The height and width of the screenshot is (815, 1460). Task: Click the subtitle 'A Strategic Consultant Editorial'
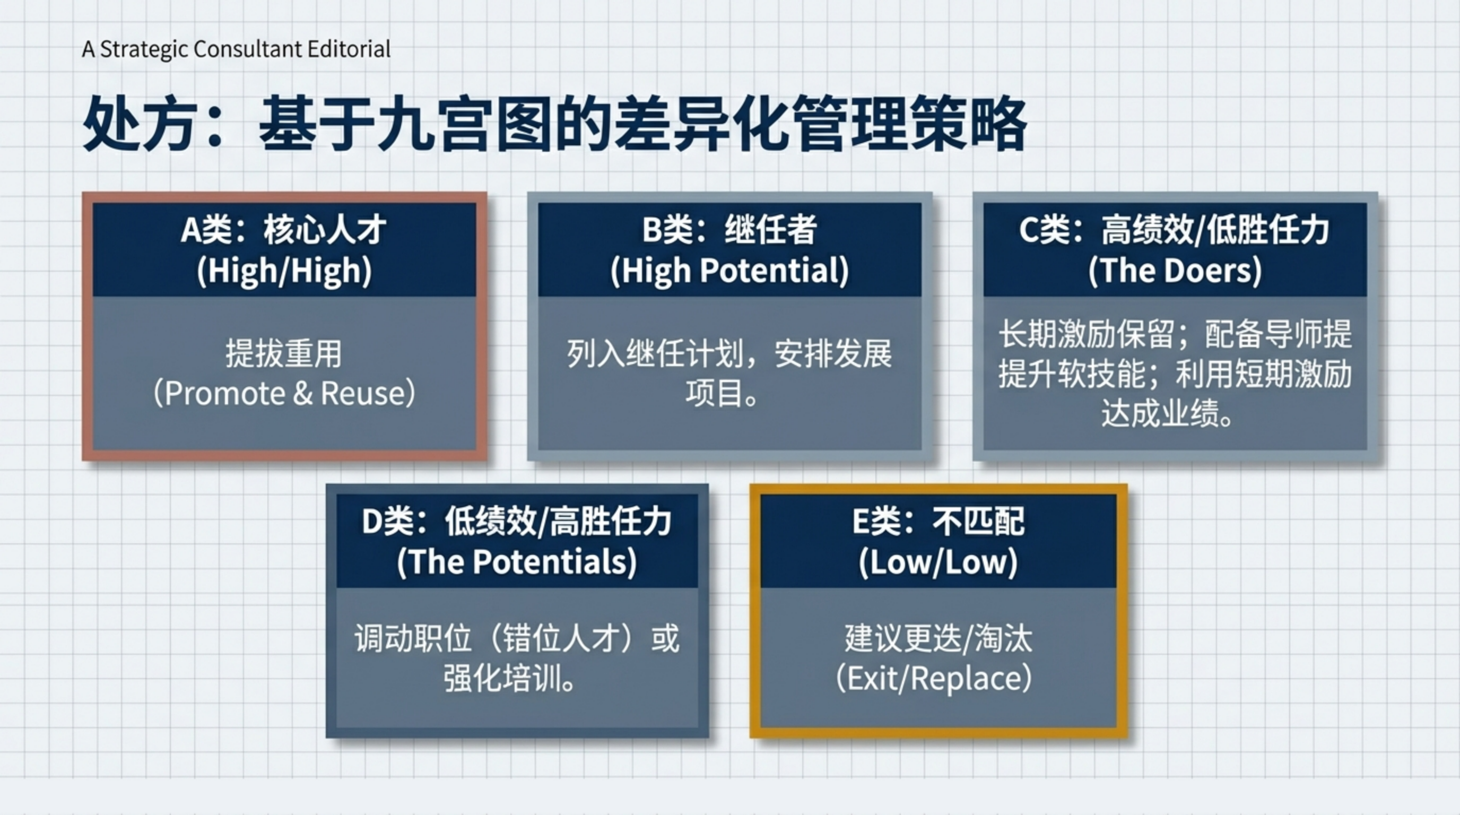(x=236, y=49)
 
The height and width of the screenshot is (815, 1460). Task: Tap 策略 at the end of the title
(x=970, y=123)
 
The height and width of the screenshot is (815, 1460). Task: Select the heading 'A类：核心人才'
(x=284, y=230)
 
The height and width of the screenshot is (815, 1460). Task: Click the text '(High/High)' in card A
(x=284, y=271)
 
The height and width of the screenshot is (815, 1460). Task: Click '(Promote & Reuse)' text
(x=284, y=393)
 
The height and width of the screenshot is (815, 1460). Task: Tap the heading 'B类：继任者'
(x=729, y=230)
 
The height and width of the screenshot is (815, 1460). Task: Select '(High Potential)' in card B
(x=729, y=271)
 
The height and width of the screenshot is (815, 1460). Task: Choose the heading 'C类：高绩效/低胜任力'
(x=1175, y=230)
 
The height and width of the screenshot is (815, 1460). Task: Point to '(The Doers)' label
(x=1175, y=271)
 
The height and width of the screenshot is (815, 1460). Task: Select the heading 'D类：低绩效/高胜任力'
(x=517, y=521)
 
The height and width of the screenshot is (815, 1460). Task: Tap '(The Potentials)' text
(x=517, y=562)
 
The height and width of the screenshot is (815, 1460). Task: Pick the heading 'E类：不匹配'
(x=938, y=521)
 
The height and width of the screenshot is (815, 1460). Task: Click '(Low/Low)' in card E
(x=938, y=562)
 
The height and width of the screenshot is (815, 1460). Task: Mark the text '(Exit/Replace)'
(x=934, y=679)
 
